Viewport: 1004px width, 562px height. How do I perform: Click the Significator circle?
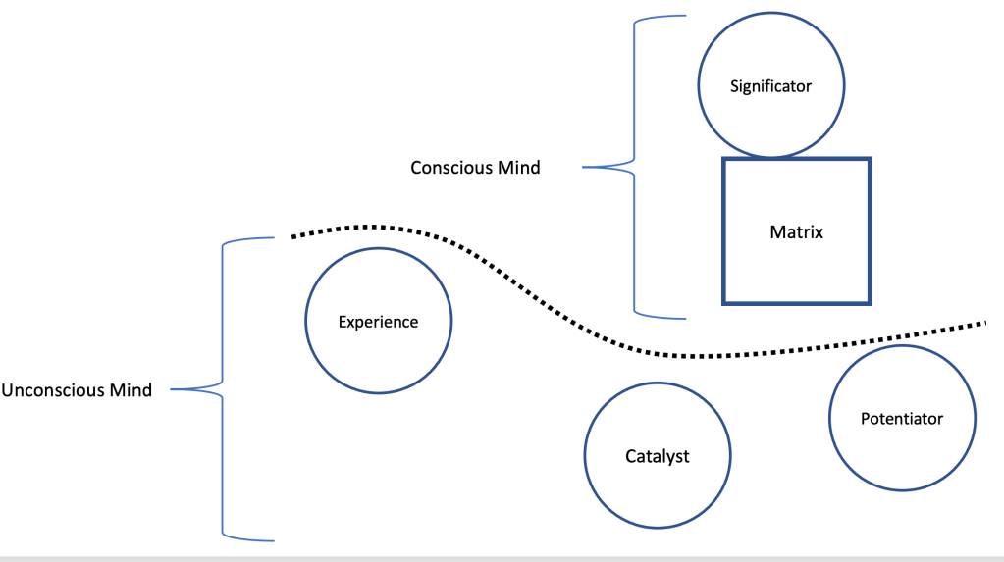pyautogui.click(x=770, y=86)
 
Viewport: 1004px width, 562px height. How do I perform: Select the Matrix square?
pyautogui.click(x=796, y=231)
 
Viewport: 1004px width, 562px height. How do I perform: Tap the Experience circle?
pyautogui.click(x=378, y=321)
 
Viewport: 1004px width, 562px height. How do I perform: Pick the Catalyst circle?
pyautogui.click(x=658, y=456)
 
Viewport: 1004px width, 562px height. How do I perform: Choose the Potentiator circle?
pyautogui.click(x=901, y=419)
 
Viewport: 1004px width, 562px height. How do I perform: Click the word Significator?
pyautogui.click(x=770, y=86)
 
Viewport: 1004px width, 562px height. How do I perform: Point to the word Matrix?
pyautogui.click(x=796, y=232)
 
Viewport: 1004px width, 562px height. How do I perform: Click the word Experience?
pyautogui.click(x=378, y=322)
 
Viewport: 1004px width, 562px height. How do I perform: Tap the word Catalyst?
pyautogui.click(x=658, y=457)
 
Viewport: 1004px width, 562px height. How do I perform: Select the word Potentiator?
pyautogui.click(x=901, y=419)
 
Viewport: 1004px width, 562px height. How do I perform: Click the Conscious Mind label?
pyautogui.click(x=475, y=168)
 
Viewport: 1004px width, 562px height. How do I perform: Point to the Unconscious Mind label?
pyautogui.click(x=77, y=390)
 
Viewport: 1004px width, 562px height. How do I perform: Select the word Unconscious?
pyautogui.click(x=55, y=390)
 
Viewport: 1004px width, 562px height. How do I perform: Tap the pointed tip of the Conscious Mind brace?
pyautogui.click(x=586, y=168)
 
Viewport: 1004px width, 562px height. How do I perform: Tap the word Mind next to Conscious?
pyautogui.click(x=520, y=168)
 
